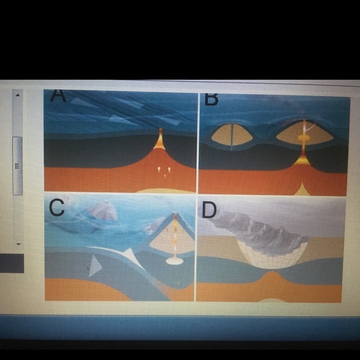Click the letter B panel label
tap(211, 100)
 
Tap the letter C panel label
tap(57, 207)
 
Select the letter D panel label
tap(209, 210)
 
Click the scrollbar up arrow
tap(18, 95)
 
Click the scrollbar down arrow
tap(19, 244)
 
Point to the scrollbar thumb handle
tap(17, 166)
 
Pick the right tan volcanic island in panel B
tap(305, 133)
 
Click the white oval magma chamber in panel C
tap(175, 261)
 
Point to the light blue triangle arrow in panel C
tap(95, 265)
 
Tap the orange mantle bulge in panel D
tap(271, 285)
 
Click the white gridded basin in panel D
tap(272, 255)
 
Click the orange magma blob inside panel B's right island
tap(304, 138)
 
